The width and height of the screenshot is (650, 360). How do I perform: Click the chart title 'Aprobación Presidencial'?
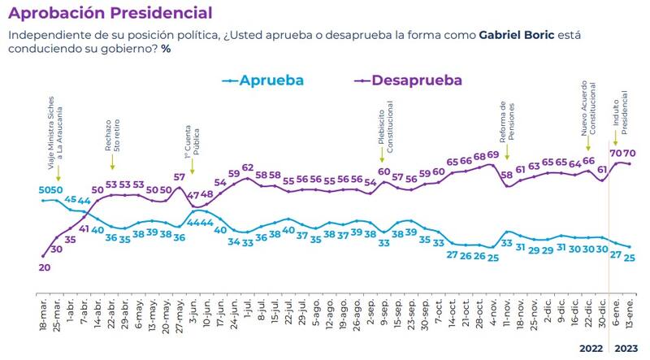[x=109, y=13]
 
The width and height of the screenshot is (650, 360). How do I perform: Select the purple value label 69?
[x=492, y=155]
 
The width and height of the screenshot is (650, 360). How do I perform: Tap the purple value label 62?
[x=248, y=167]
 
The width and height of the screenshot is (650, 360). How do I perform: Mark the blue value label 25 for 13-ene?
[x=630, y=258]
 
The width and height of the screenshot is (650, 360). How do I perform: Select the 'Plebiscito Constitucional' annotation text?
[x=385, y=122]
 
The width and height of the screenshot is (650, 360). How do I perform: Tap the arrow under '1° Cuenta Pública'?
[x=193, y=170]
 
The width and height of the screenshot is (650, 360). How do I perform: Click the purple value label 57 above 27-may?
[x=179, y=177]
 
